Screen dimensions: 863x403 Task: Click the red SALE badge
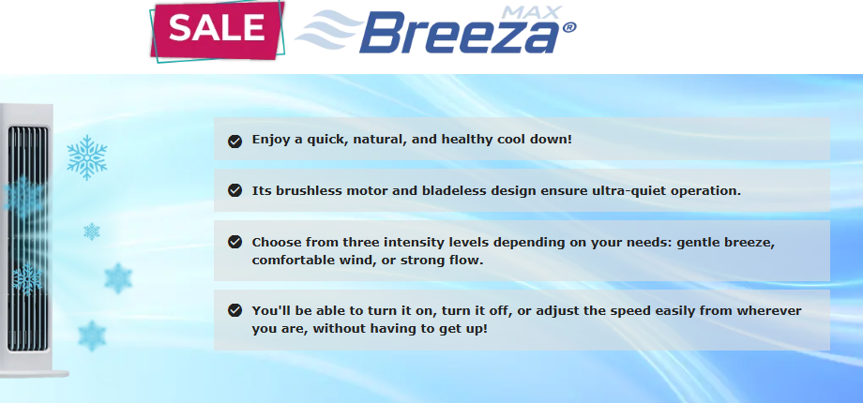(217, 30)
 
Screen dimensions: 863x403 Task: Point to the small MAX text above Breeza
(532, 11)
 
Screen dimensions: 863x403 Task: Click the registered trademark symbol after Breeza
(568, 27)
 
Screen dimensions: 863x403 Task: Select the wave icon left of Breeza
(329, 30)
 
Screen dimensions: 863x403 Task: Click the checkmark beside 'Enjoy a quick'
(235, 142)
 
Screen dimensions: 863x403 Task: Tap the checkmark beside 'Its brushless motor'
(235, 190)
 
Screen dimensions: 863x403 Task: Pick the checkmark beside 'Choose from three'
(235, 242)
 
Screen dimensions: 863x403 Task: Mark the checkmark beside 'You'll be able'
(235, 310)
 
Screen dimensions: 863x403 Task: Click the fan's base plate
(34, 374)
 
